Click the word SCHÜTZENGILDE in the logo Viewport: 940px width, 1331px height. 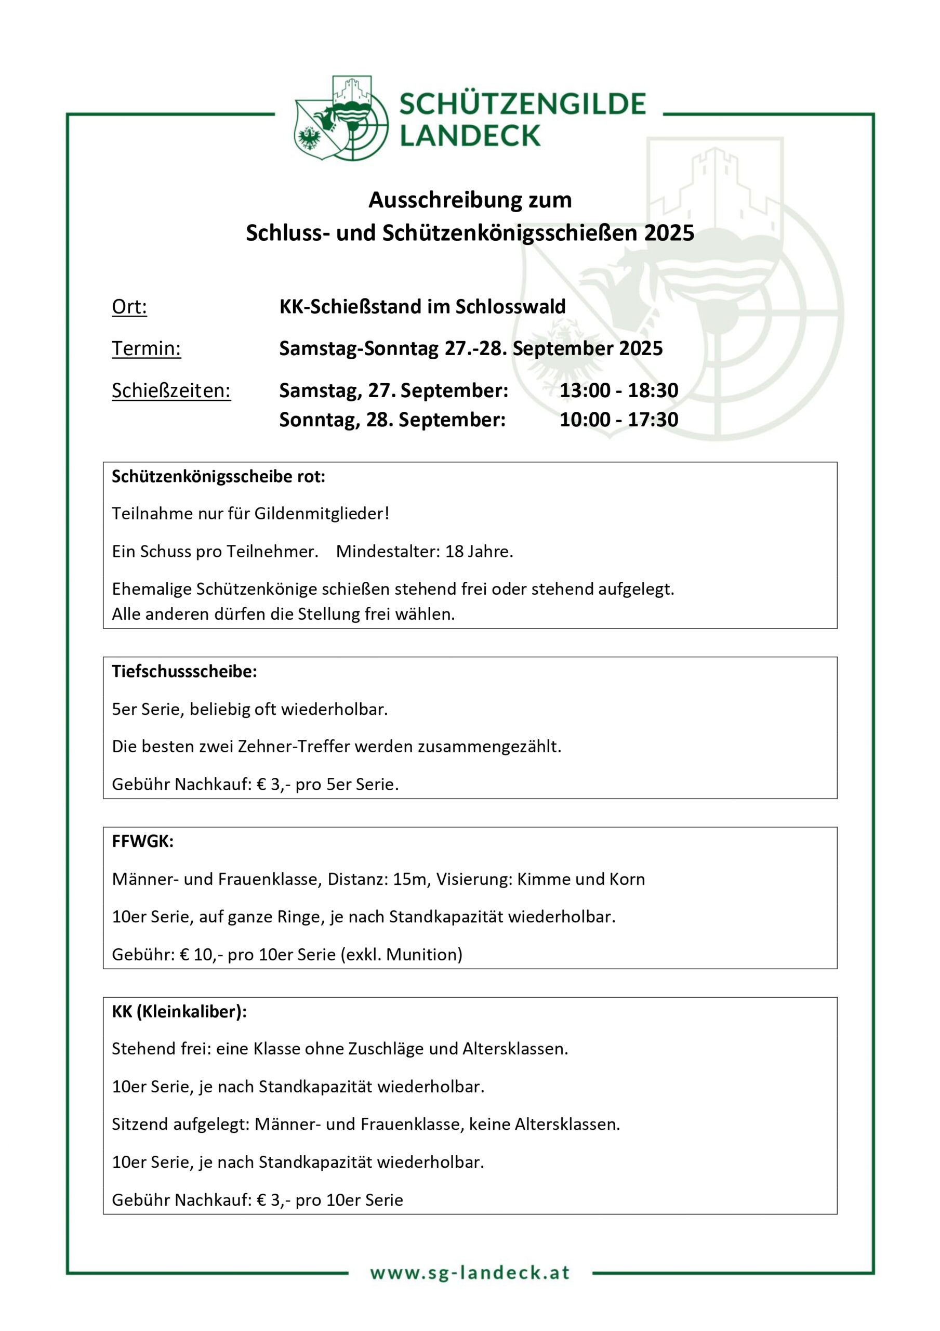click(522, 105)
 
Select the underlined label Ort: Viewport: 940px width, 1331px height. click(129, 307)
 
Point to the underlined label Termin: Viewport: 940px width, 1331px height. click(146, 348)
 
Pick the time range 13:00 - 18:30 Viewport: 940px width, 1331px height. click(618, 390)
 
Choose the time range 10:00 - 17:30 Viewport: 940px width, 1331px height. click(618, 420)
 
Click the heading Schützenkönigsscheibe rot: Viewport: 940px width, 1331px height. click(218, 477)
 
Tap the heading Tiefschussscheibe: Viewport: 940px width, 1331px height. click(184, 671)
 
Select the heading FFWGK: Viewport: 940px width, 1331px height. click(142, 841)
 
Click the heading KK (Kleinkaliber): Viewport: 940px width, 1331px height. click(179, 1012)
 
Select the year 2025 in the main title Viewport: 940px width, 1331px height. click(669, 233)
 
